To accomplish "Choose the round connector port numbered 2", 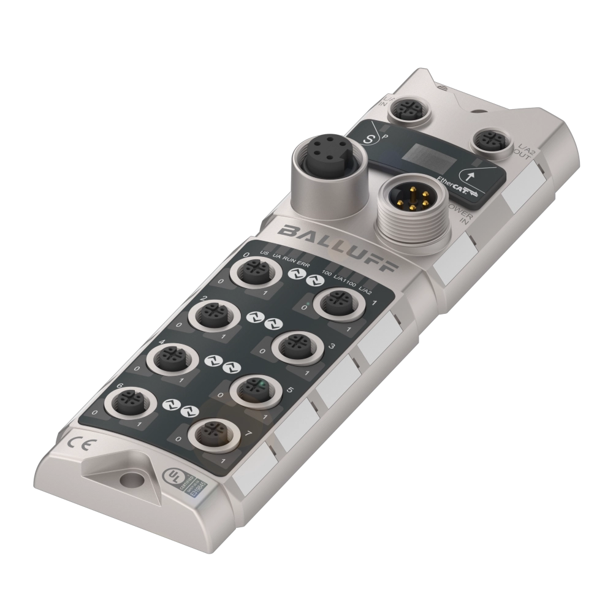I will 210,314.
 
